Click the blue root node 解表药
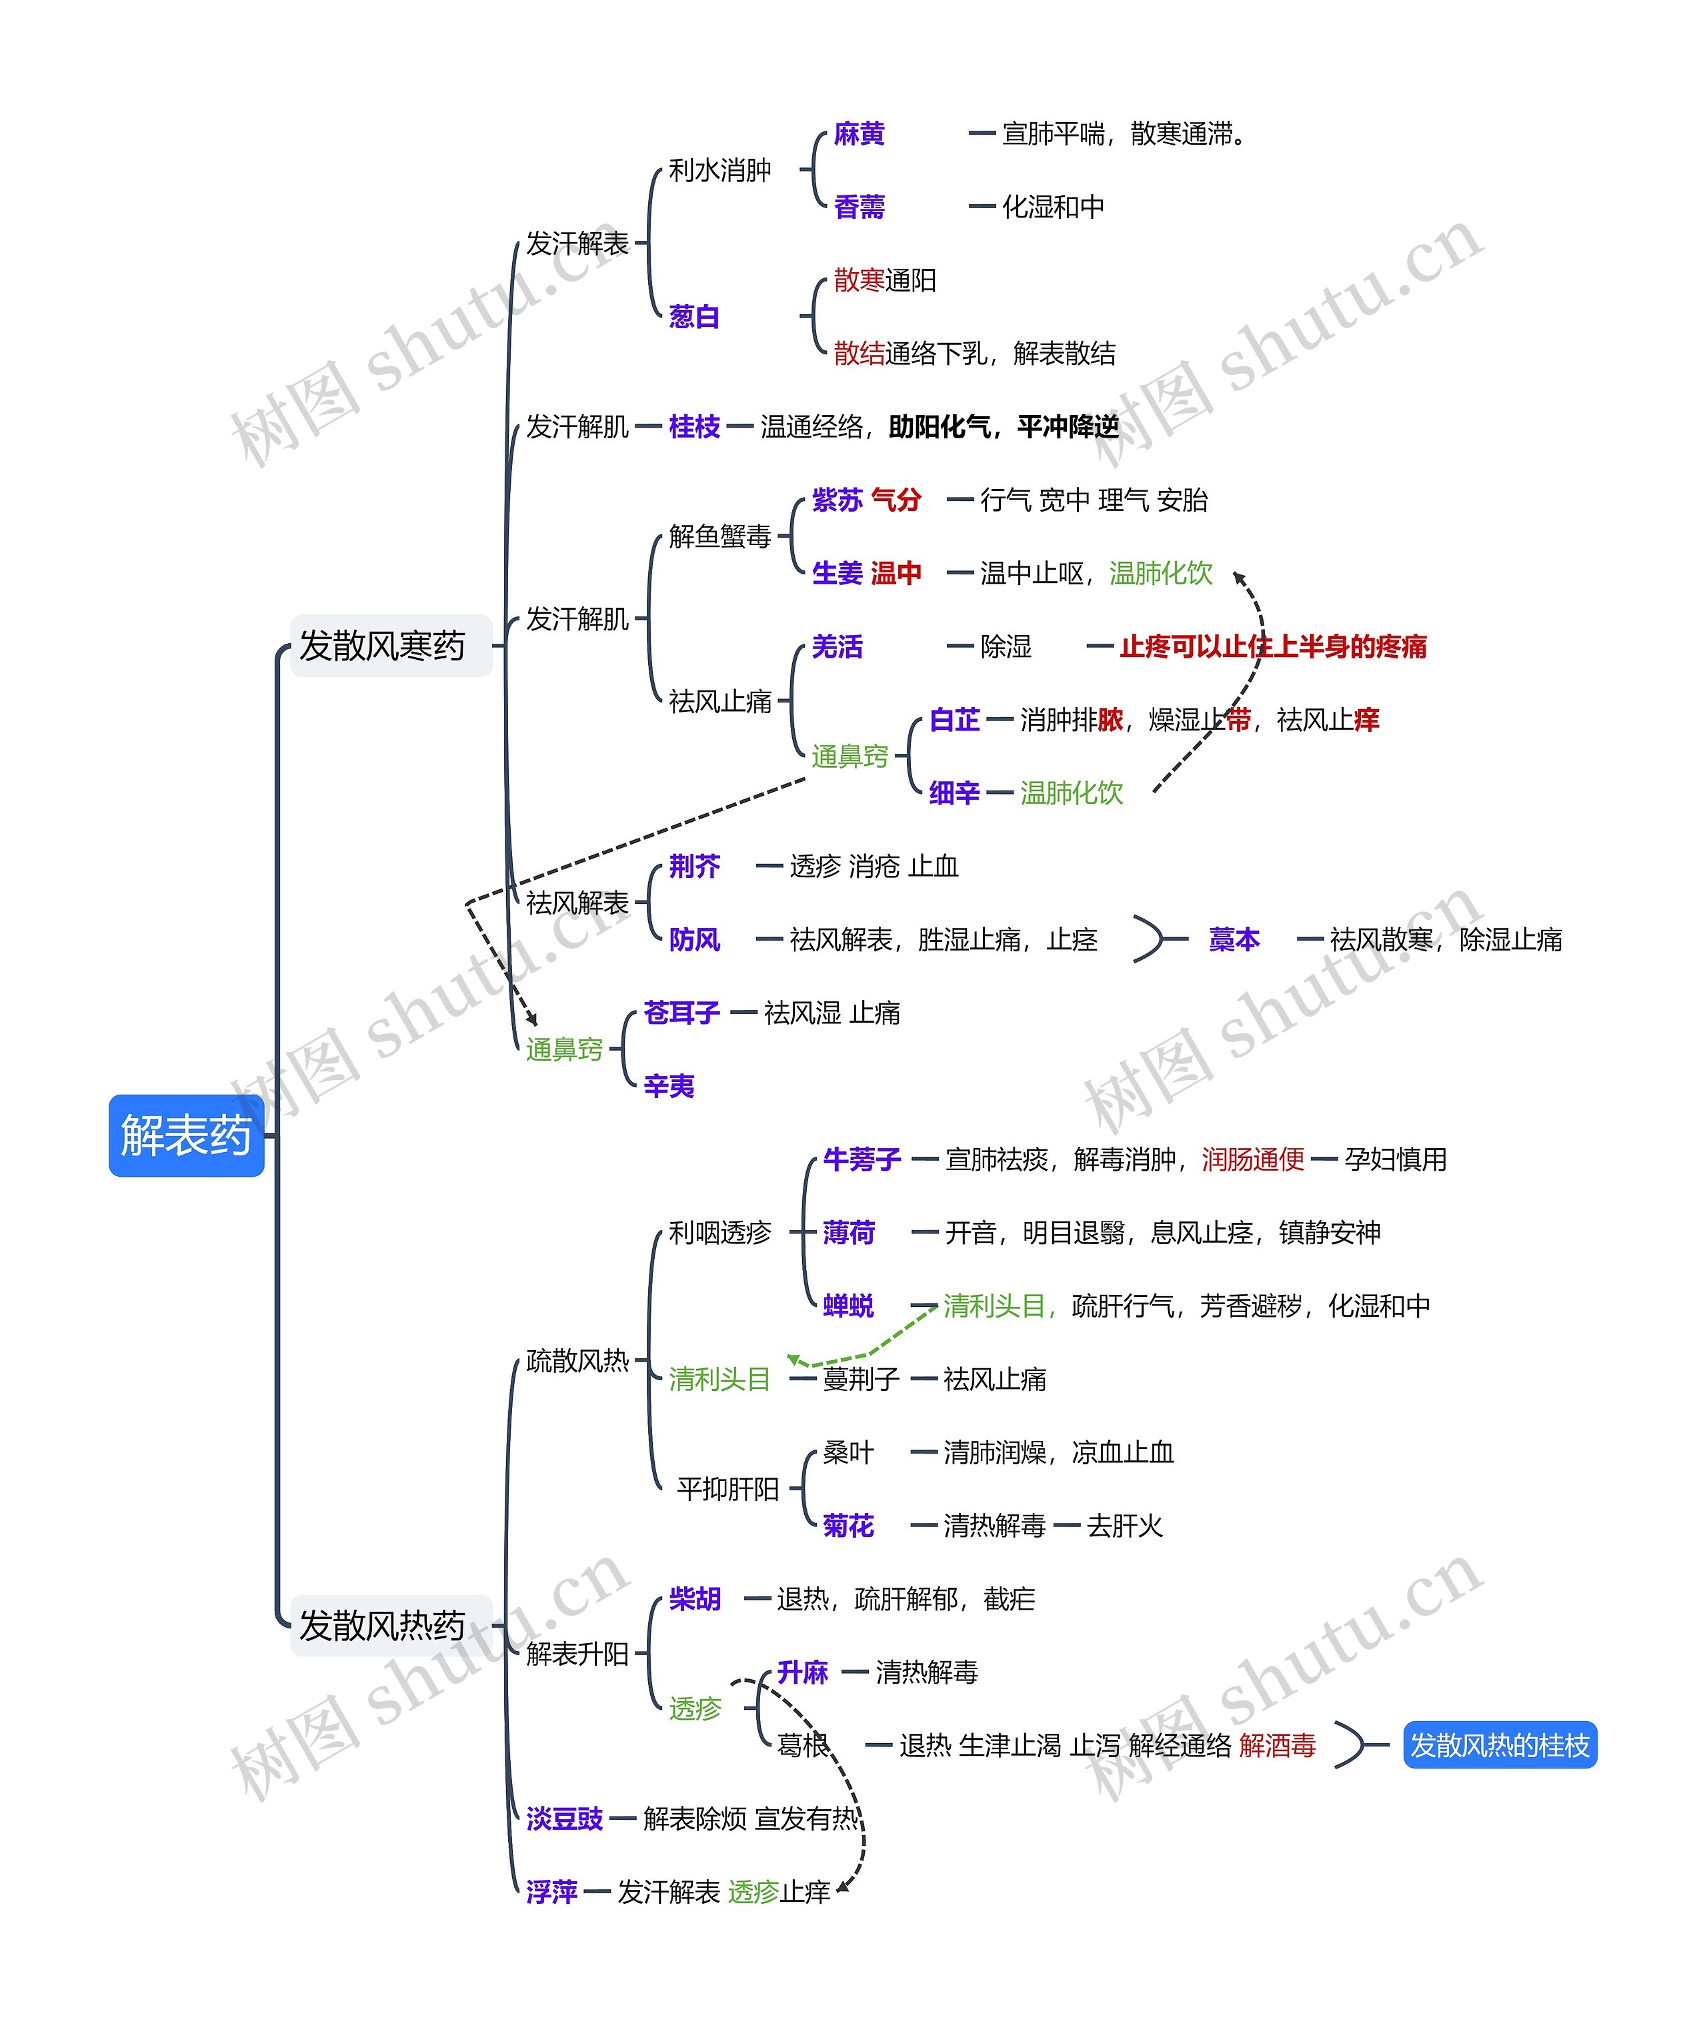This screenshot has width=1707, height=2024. point(186,1135)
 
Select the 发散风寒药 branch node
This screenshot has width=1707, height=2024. point(382,646)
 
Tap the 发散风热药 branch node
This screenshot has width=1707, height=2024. point(382,1625)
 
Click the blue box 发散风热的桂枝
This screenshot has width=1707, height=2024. point(1499,1745)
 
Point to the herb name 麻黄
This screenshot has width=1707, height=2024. point(860,133)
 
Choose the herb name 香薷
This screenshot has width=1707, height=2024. point(860,206)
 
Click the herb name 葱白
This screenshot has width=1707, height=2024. point(694,316)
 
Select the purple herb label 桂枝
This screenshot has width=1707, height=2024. point(694,427)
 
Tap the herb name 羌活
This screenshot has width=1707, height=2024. point(837,646)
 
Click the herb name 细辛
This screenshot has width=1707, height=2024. point(954,793)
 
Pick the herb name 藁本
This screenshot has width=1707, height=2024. point(1234,939)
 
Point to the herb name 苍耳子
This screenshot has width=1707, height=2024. point(681,1013)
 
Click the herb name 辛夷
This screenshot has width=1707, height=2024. point(669,1086)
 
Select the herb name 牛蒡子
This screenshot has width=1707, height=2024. point(862,1159)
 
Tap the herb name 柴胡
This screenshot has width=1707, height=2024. point(694,1599)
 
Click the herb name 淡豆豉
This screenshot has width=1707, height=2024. point(564,1819)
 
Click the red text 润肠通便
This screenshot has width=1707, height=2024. point(1253,1159)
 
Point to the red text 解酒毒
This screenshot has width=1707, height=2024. point(1278,1745)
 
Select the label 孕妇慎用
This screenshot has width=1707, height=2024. point(1396,1159)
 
